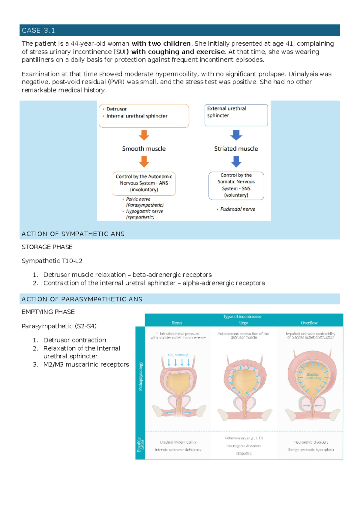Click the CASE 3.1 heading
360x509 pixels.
click(38, 30)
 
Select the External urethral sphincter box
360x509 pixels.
click(236, 115)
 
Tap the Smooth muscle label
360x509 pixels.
click(144, 149)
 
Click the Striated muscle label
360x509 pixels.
click(236, 149)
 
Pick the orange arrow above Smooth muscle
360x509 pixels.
click(144, 135)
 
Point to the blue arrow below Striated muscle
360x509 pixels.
click(236, 161)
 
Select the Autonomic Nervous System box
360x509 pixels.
click(144, 183)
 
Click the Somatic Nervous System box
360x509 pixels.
click(236, 185)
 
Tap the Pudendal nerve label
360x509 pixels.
click(238, 209)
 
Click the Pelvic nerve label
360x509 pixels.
click(138, 199)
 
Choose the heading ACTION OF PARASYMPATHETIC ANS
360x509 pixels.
click(82, 299)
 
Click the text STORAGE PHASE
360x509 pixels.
click(47, 247)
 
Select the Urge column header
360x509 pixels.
click(243, 323)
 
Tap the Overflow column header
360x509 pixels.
click(309, 323)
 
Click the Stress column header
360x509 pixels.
click(177, 323)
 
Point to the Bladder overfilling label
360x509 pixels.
click(313, 376)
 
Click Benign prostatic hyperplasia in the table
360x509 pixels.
click(311, 450)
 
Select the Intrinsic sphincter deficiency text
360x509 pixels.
click(178, 450)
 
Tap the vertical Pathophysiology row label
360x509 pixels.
click(140, 376)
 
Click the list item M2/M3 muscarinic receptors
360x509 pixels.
click(86, 364)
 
